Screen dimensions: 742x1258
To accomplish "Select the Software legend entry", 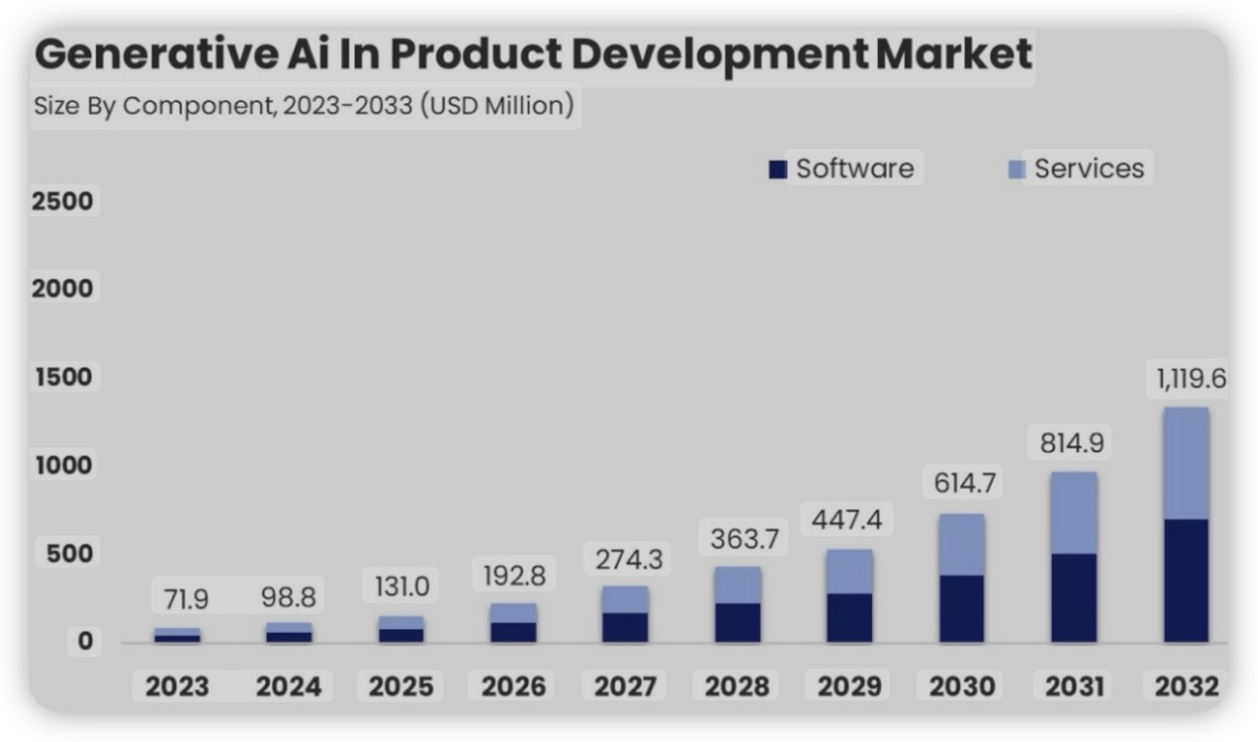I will pyautogui.click(x=843, y=169).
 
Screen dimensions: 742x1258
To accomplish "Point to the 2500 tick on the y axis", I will pyautogui.click(x=62, y=201).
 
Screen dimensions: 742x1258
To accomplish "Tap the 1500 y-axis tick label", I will pyautogui.click(x=62, y=377).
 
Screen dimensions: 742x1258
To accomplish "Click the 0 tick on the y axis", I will pyautogui.click(x=85, y=642).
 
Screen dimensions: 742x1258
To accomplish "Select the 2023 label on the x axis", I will pyautogui.click(x=178, y=686).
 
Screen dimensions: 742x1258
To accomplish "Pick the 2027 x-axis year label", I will pyautogui.click(x=626, y=686).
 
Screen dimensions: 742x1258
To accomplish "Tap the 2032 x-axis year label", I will pyautogui.click(x=1187, y=686).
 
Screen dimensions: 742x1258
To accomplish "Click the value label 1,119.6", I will pyautogui.click(x=1190, y=379).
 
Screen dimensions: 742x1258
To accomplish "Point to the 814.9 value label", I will pyautogui.click(x=1071, y=443).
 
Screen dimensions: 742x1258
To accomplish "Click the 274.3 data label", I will pyautogui.click(x=628, y=559).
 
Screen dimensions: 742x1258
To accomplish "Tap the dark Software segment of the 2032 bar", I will pyautogui.click(x=1187, y=580).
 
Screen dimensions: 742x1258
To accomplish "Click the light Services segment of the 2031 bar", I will pyautogui.click(x=1074, y=512).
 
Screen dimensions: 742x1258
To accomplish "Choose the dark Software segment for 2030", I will pyautogui.click(x=961, y=608).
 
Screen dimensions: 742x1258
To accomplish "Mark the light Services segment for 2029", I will pyautogui.click(x=849, y=571).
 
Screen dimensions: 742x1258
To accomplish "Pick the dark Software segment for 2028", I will pyautogui.click(x=737, y=622).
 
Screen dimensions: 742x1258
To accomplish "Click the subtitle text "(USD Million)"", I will pyautogui.click(x=497, y=105).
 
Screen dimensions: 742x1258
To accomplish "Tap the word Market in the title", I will pyautogui.click(x=953, y=55).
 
